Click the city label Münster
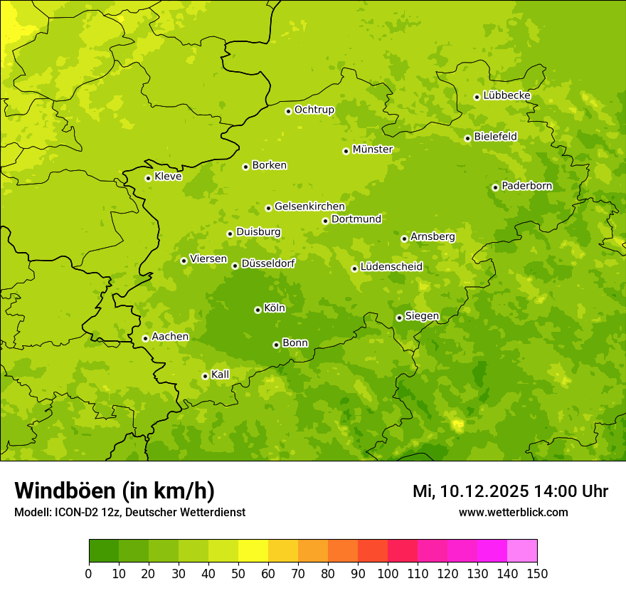pyautogui.click(x=372, y=150)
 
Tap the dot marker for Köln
pyautogui.click(x=258, y=310)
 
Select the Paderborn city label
pyautogui.click(x=526, y=186)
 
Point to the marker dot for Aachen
pyautogui.click(x=145, y=338)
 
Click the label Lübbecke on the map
pyautogui.click(x=506, y=95)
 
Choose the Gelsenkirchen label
pyautogui.click(x=309, y=206)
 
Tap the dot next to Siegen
pyautogui.click(x=399, y=318)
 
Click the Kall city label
pyautogui.click(x=220, y=375)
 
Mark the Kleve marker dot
pyautogui.click(x=148, y=178)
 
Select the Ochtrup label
pyautogui.click(x=314, y=110)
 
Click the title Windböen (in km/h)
pyautogui.click(x=115, y=491)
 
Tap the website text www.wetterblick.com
pyautogui.click(x=513, y=513)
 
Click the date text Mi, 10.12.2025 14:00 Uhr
pyautogui.click(x=510, y=491)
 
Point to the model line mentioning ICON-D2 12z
pyautogui.click(x=129, y=513)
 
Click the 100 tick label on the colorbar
pyautogui.click(x=388, y=573)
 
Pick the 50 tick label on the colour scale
pyautogui.click(x=238, y=573)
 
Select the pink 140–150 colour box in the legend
pyautogui.click(x=522, y=551)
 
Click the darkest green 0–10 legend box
pyautogui.click(x=104, y=551)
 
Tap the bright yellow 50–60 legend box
pyautogui.click(x=253, y=551)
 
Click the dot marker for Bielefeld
pyautogui.click(x=467, y=138)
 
